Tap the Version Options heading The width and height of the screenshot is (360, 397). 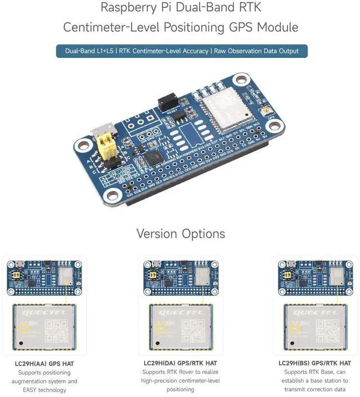pos(180,234)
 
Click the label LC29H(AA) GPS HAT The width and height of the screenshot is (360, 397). pos(44,363)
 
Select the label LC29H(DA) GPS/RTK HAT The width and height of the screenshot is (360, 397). pos(180,363)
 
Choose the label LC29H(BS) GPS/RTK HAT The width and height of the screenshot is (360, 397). pos(314,363)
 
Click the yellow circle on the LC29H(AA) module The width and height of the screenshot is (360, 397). pos(25,327)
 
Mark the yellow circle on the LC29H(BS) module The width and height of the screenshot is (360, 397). pos(295,327)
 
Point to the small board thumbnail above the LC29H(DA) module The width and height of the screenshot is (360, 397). pos(180,276)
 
